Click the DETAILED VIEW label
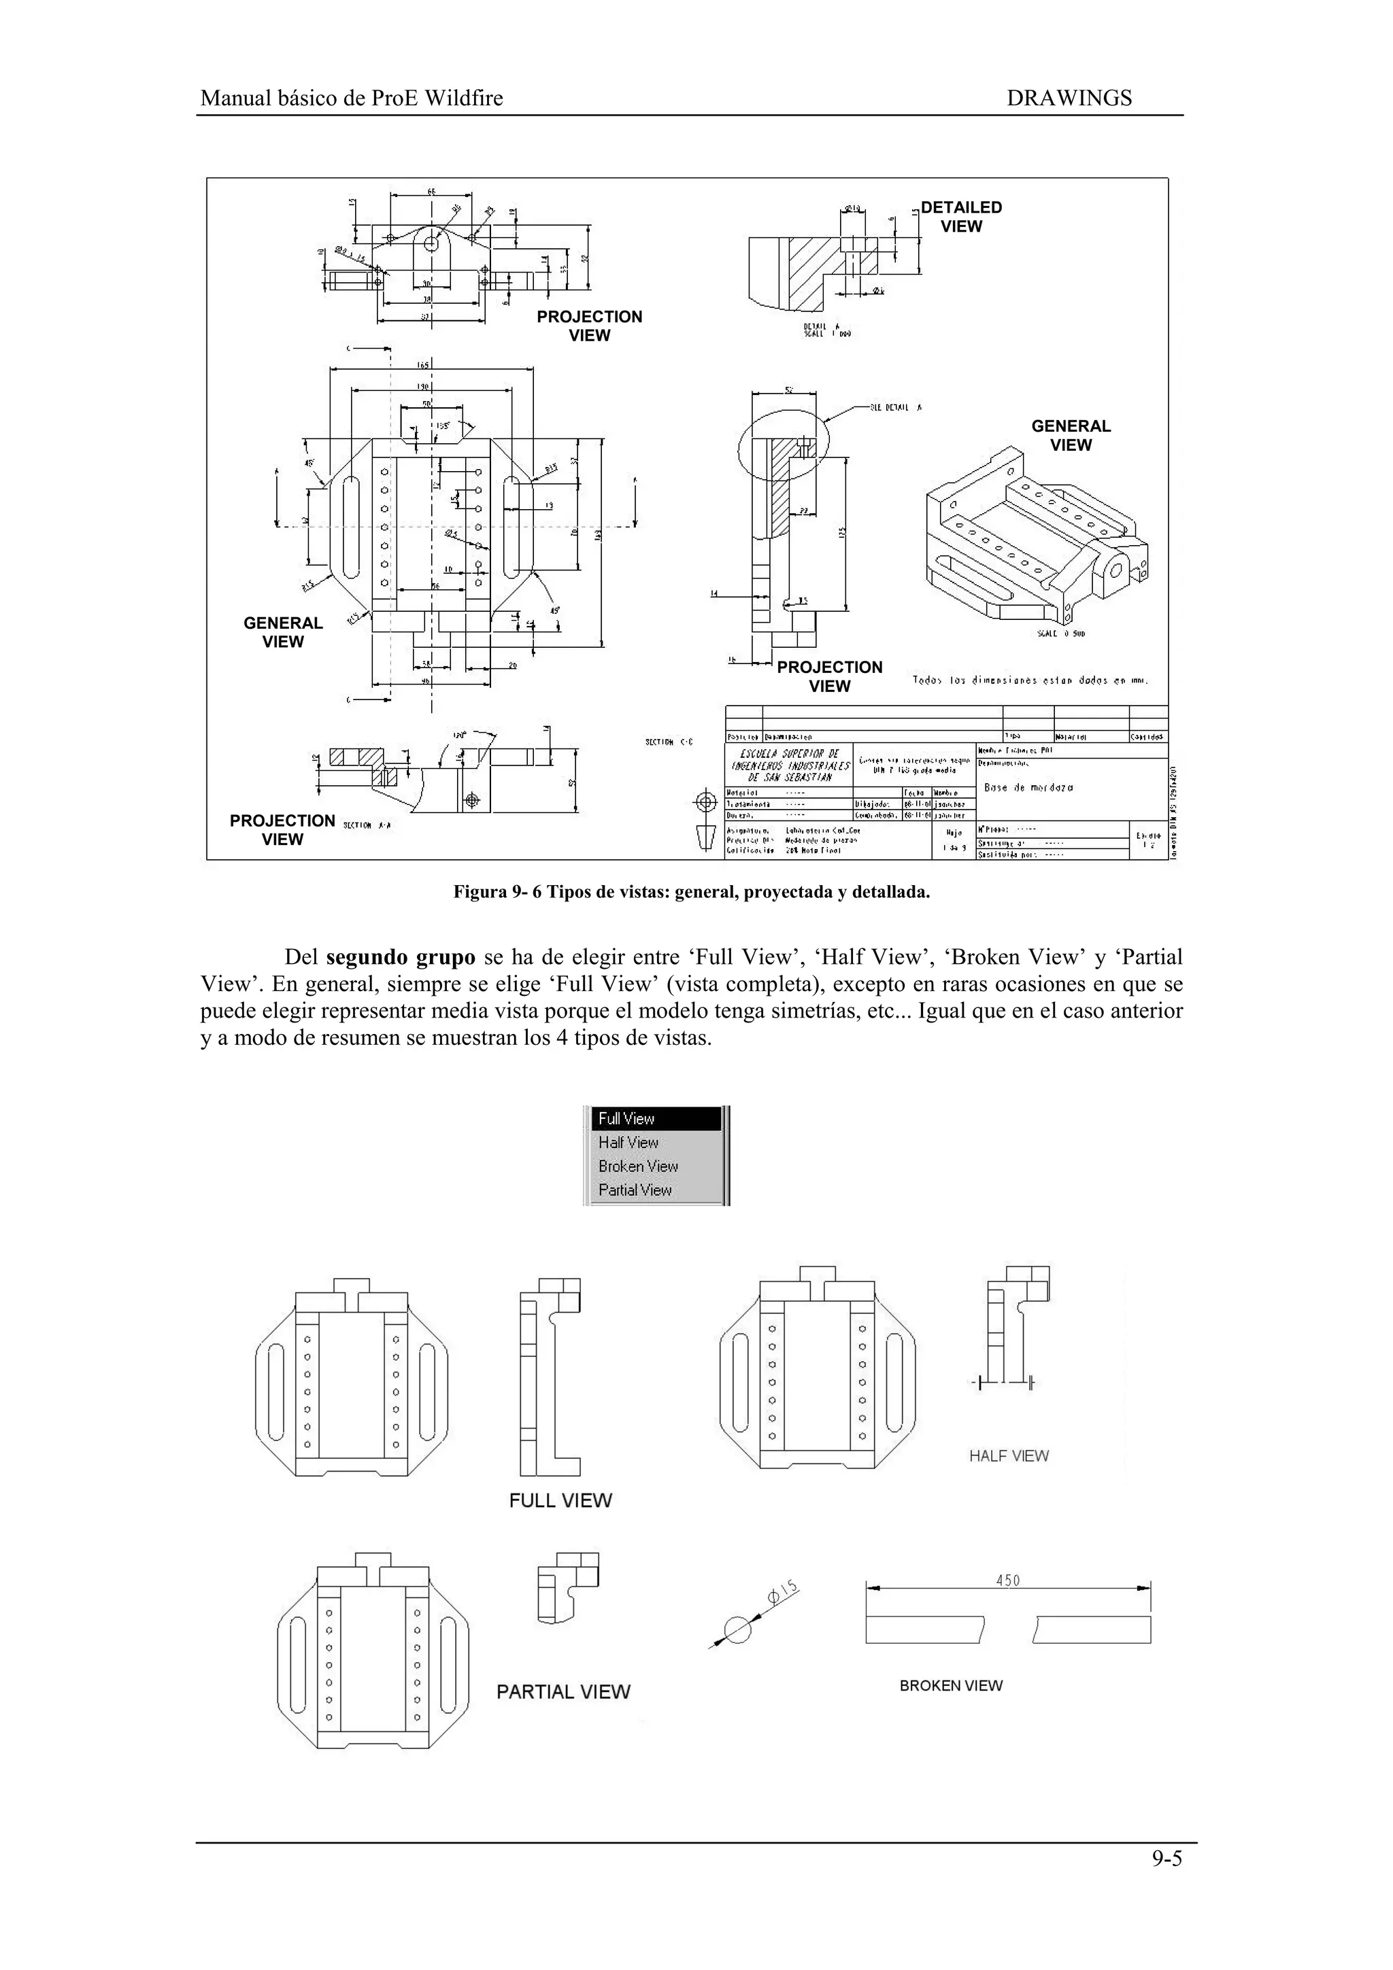point(960,217)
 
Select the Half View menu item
point(628,1142)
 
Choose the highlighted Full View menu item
point(626,1119)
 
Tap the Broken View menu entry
point(638,1166)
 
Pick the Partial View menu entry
point(635,1190)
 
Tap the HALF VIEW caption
point(1009,1456)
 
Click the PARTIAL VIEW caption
point(563,1692)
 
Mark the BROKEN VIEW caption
point(951,1686)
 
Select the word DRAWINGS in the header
point(1069,98)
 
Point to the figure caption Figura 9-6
point(692,893)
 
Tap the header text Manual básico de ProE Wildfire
point(351,98)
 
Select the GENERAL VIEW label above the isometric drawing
point(1071,436)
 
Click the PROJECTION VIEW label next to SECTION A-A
point(282,830)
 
